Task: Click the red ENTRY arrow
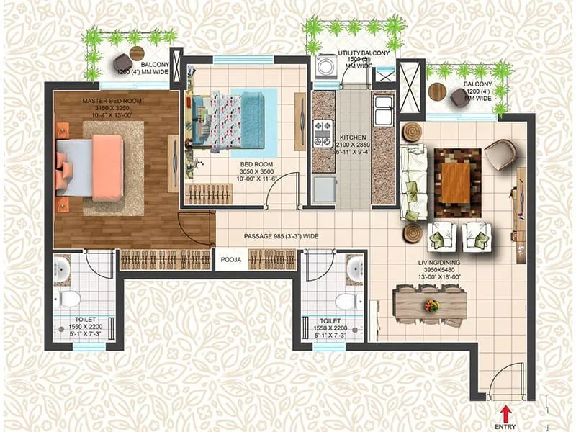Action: pyautogui.click(x=506, y=413)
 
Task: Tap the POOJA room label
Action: pyautogui.click(x=230, y=259)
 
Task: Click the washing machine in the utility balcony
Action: pyautogui.click(x=325, y=67)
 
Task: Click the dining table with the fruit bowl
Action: pyautogui.click(x=431, y=305)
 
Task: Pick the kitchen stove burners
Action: pyautogui.click(x=323, y=131)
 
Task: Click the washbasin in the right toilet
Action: pyautogui.click(x=354, y=269)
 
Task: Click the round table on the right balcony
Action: pyautogui.click(x=437, y=91)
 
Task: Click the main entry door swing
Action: pyautogui.click(x=508, y=382)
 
